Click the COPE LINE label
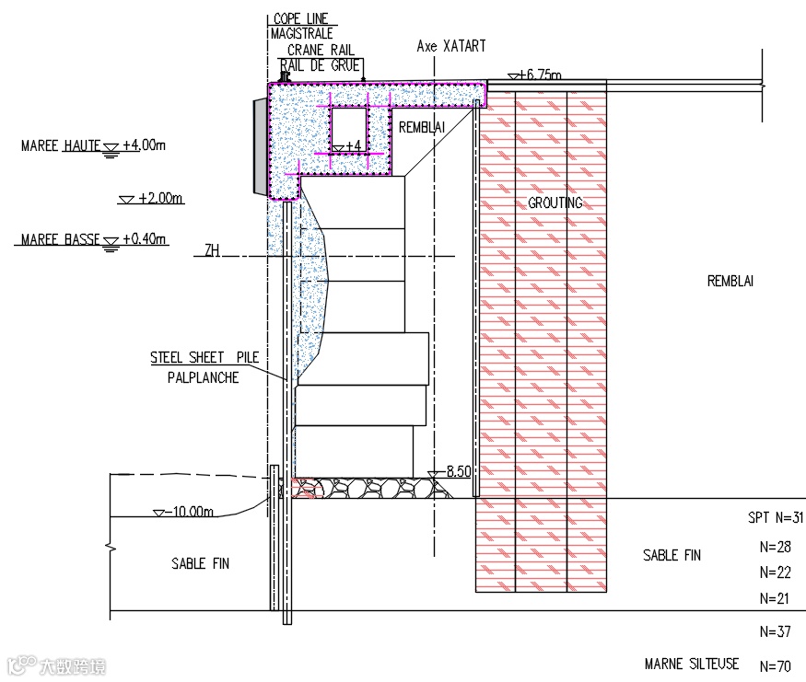[300, 19]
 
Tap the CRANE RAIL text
[321, 51]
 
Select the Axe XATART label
[450, 46]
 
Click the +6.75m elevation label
[539, 75]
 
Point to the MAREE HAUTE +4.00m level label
[93, 145]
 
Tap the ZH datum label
[212, 250]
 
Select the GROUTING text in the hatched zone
[555, 202]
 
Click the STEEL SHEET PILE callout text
[204, 357]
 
